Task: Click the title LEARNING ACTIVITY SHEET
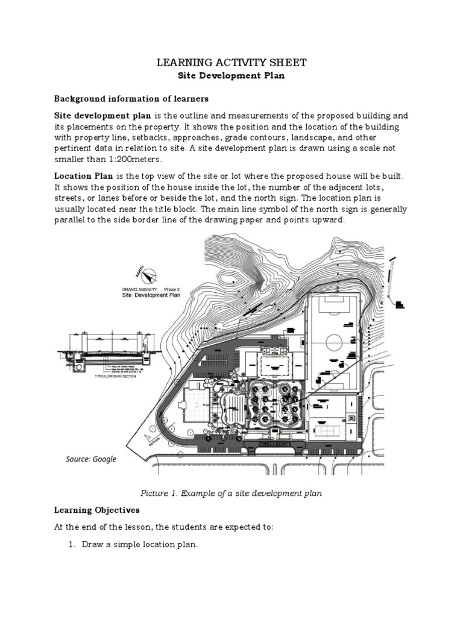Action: tap(231, 62)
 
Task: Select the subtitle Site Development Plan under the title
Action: tap(231, 77)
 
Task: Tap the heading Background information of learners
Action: tap(131, 98)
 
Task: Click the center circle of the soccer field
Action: tap(335, 343)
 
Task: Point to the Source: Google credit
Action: tap(91, 459)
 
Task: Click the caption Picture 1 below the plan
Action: tap(231, 493)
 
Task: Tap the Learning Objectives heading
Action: tap(97, 510)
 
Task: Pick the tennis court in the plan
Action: tap(329, 427)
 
